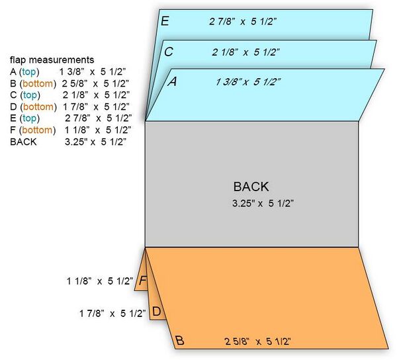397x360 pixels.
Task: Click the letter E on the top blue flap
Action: pos(165,21)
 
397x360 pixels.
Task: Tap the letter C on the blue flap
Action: pos(169,52)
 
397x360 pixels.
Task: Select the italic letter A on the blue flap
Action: pos(173,81)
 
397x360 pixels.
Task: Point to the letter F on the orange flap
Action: pos(143,281)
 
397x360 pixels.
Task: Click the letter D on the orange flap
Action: pos(157,312)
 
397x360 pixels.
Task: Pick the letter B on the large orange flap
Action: pos(179,341)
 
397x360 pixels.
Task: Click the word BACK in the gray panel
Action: pos(251,187)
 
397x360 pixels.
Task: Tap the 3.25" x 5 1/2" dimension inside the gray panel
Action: pos(263,203)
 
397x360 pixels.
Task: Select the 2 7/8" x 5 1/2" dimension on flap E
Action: pos(243,22)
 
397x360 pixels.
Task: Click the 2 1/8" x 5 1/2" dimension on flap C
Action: pos(245,52)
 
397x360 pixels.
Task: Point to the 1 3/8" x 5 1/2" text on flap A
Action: pos(248,82)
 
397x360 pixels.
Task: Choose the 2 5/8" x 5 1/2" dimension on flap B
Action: pos(257,341)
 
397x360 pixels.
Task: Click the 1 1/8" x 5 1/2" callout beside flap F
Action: pos(100,281)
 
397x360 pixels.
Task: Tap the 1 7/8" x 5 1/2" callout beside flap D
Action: pos(112,314)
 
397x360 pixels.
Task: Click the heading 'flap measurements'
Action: pos(52,60)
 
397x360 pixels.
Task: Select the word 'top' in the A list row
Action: pos(29,72)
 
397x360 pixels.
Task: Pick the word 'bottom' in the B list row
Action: pos(38,83)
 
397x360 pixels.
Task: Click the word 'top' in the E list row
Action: pos(30,118)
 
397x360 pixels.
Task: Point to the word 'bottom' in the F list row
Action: pos(38,130)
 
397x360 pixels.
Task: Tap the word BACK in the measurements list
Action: pos(23,142)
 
